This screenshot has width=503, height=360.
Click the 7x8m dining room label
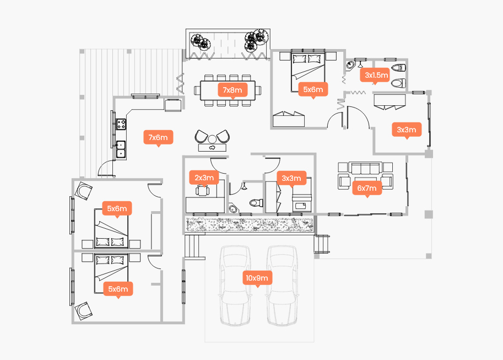(232, 89)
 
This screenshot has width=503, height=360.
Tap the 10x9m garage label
(257, 278)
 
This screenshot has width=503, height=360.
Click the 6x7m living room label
(366, 189)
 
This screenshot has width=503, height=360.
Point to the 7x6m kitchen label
(158, 137)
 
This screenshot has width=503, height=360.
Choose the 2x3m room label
(204, 178)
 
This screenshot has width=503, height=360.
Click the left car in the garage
(234, 286)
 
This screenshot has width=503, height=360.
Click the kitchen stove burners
(121, 124)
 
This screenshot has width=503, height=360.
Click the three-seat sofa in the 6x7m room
(366, 168)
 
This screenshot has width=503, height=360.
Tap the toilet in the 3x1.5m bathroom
(399, 84)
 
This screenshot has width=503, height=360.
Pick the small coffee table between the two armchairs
(212, 147)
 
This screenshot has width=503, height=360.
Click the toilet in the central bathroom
(256, 202)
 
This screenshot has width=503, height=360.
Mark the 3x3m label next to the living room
(407, 130)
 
